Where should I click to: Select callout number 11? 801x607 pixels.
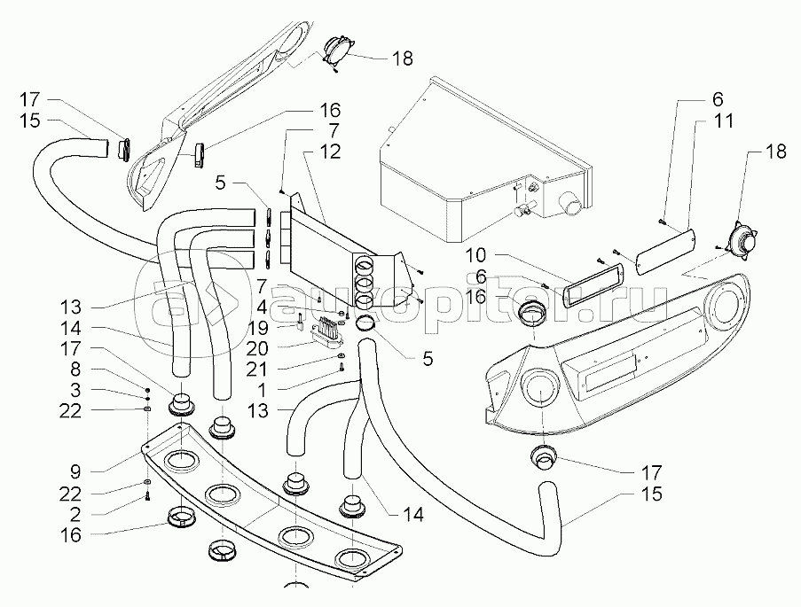pos(725,121)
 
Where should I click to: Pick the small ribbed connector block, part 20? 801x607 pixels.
pos(327,333)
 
